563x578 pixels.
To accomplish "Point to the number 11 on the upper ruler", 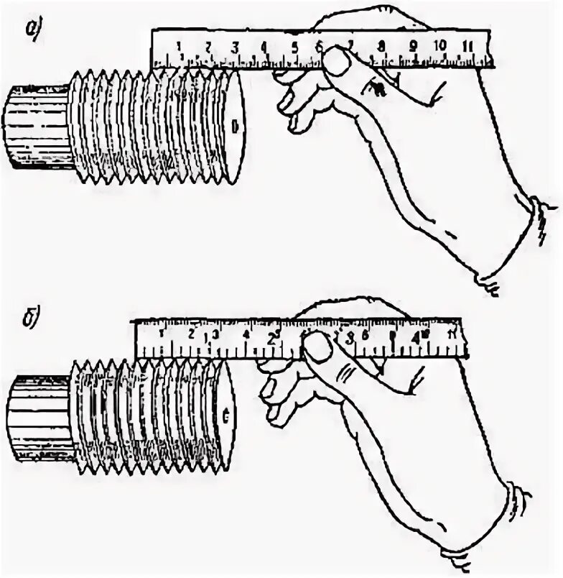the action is tap(467, 45).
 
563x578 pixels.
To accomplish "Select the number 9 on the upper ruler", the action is tap(414, 45).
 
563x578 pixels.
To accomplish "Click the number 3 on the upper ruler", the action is tap(236, 47).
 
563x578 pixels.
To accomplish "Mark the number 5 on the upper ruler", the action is tap(295, 47).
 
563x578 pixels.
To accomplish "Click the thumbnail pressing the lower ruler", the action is tap(317, 349).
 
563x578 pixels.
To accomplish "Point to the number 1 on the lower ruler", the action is tap(160, 334).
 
